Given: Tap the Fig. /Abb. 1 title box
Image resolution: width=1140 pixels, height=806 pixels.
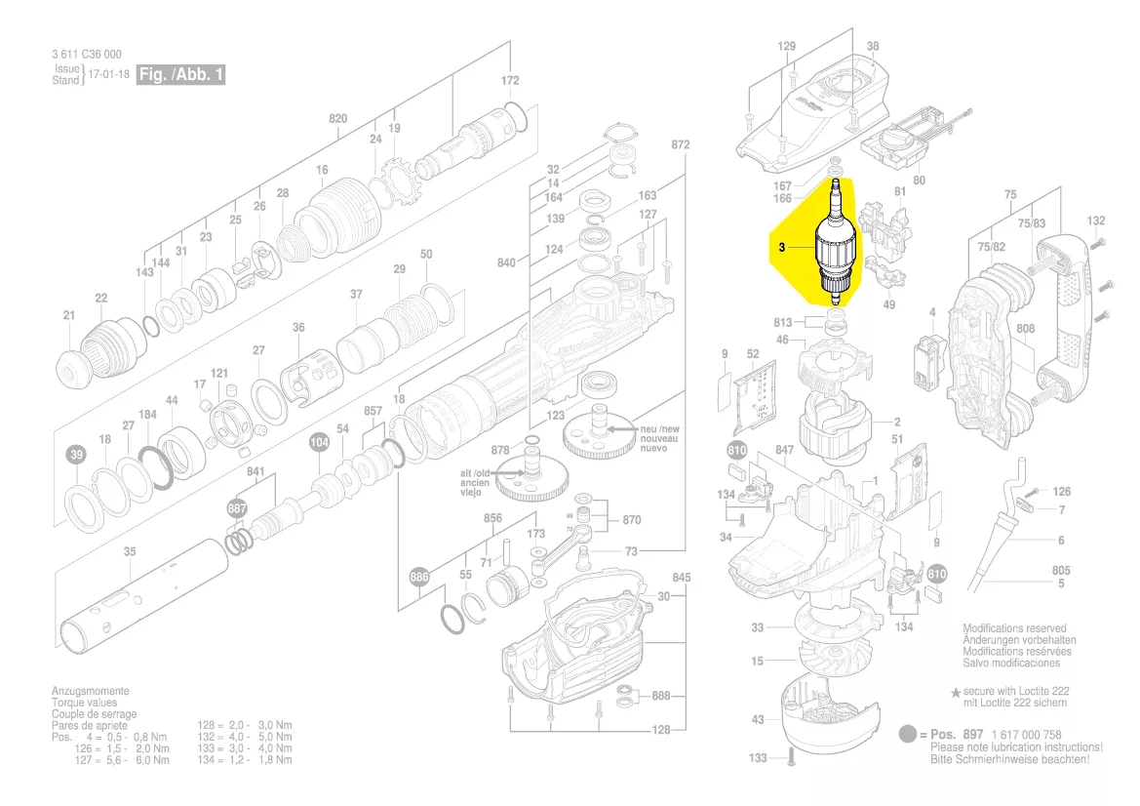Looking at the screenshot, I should (x=180, y=75).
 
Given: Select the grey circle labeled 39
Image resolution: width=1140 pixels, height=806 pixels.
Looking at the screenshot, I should (x=76, y=455).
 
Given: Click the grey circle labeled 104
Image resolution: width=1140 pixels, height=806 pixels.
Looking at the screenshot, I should (x=319, y=443).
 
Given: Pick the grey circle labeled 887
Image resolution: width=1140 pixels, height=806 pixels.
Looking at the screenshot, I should (x=237, y=509).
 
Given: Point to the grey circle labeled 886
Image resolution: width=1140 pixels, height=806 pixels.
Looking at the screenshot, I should (x=419, y=577).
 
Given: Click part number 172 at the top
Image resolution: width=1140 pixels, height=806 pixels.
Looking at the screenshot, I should (x=510, y=80).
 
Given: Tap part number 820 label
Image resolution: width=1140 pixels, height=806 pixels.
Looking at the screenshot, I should (x=337, y=119).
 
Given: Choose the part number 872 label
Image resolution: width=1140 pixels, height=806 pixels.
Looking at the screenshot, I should (x=680, y=144).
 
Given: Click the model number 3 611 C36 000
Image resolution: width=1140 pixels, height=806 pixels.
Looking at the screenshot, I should (x=87, y=55).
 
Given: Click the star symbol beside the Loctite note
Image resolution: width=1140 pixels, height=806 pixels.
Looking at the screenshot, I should (x=956, y=691).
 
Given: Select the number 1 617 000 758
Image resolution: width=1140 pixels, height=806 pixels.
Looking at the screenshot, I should (x=1025, y=735).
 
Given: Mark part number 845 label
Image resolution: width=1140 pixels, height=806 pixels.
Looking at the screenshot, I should (x=681, y=578).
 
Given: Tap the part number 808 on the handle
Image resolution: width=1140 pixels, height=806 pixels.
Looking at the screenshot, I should (x=1025, y=329).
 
